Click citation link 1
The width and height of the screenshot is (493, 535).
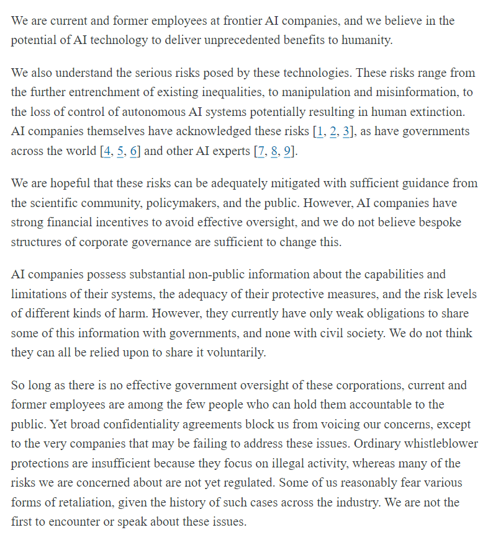point(319,132)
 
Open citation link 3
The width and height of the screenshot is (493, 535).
point(347,132)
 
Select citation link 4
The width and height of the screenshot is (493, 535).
point(106,152)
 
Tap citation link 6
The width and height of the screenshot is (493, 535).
point(133,152)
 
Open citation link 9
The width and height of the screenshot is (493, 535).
point(287,152)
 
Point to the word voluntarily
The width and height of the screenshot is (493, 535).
point(242,353)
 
